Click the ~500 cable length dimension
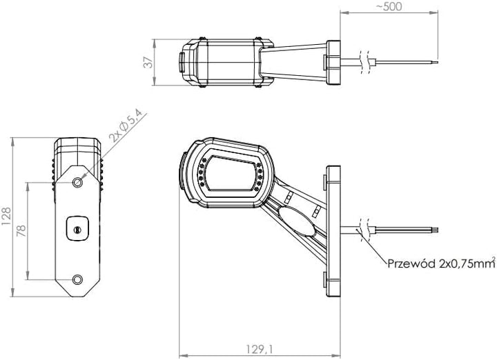389,6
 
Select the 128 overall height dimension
6,217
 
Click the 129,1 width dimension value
260,349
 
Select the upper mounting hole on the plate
77,182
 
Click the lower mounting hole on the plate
77,279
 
